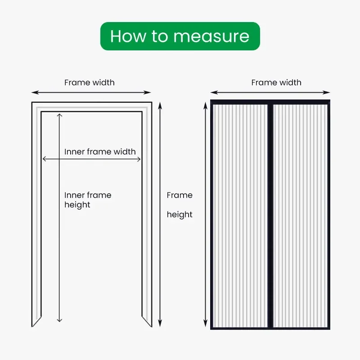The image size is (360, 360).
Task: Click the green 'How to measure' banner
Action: pos(180,36)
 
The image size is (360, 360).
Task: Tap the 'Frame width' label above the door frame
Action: pos(89,82)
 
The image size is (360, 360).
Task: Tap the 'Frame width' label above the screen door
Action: pos(276,82)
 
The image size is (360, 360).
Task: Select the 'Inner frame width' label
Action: pos(100,152)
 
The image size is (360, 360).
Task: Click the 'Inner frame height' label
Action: pos(88,200)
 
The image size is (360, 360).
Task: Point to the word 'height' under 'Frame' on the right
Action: pos(180,215)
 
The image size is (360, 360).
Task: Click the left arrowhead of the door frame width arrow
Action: pos(33,92)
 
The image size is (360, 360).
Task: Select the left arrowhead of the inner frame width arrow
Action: pos(44,158)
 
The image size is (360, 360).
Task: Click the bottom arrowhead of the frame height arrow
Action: pos(161,325)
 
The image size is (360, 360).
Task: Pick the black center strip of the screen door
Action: pos(270,216)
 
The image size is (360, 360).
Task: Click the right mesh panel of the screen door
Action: pos(300,216)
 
